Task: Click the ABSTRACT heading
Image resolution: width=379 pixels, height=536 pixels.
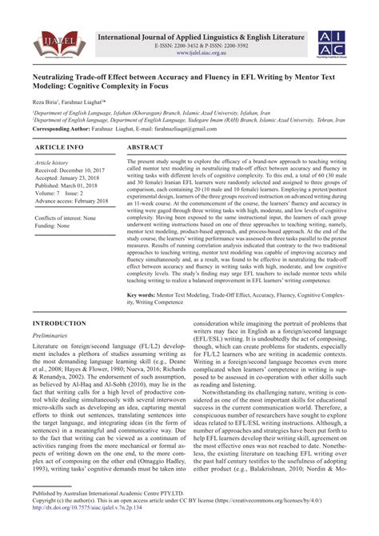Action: (155, 149)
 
